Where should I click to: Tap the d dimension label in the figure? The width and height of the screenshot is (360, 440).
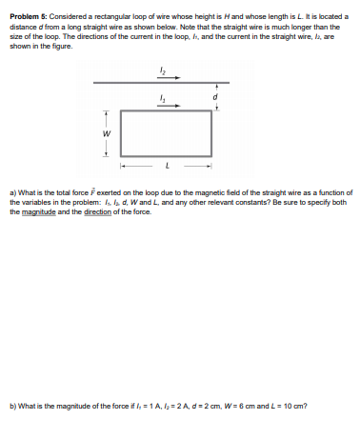(217, 97)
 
